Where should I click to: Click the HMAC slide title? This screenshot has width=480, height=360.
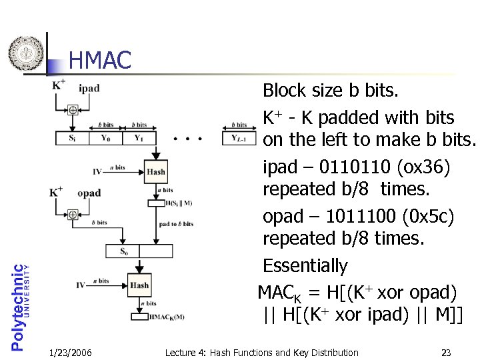[x=99, y=61]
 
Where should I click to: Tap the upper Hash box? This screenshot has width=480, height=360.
[x=155, y=171]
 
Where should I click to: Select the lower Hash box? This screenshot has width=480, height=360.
[x=139, y=285]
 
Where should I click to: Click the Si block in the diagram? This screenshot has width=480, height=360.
[x=72, y=139]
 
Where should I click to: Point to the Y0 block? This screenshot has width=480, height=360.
[x=105, y=139]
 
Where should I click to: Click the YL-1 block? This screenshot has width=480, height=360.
[x=239, y=139]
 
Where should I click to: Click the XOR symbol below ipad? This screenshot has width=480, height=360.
[x=73, y=110]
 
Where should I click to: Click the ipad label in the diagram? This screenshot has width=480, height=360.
[x=89, y=88]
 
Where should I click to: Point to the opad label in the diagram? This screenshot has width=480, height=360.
[x=89, y=193]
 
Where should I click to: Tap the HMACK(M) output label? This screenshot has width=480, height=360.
[x=166, y=317]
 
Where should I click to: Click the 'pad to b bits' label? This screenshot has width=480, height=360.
[x=176, y=224]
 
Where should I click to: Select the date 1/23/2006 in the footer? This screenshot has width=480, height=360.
[x=71, y=352]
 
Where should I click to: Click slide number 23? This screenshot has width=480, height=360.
[x=446, y=352]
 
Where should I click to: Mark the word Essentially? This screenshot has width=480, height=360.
[x=305, y=266]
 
